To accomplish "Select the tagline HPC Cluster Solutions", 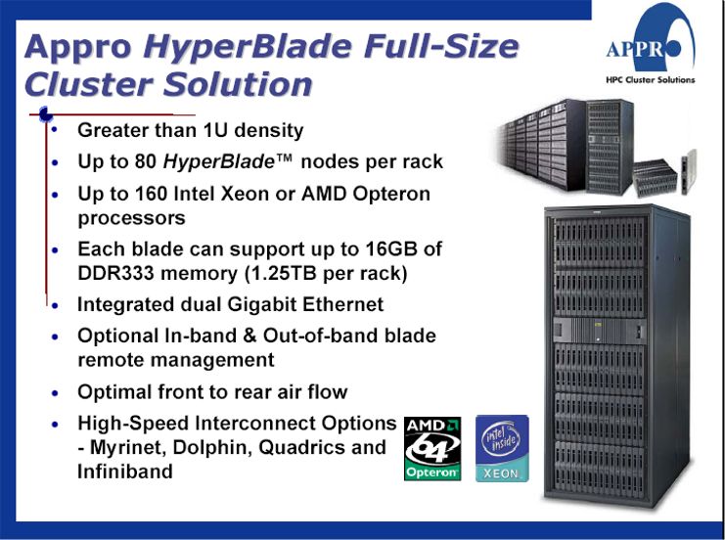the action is [x=650, y=80].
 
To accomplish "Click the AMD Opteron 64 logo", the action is [x=432, y=449].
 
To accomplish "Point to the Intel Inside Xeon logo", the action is [x=503, y=448].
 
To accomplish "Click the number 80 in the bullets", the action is [x=146, y=161].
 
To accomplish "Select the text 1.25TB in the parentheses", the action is [x=284, y=273].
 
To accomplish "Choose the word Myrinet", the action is [x=124, y=448].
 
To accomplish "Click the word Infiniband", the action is [x=125, y=472].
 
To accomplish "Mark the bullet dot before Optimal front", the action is [x=55, y=393].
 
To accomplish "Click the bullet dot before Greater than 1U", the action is [x=55, y=130].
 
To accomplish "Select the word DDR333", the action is [x=115, y=273].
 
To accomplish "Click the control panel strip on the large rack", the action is [x=599, y=331].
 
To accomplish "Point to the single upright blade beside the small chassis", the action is [x=689, y=171].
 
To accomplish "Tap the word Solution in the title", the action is [x=238, y=84].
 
